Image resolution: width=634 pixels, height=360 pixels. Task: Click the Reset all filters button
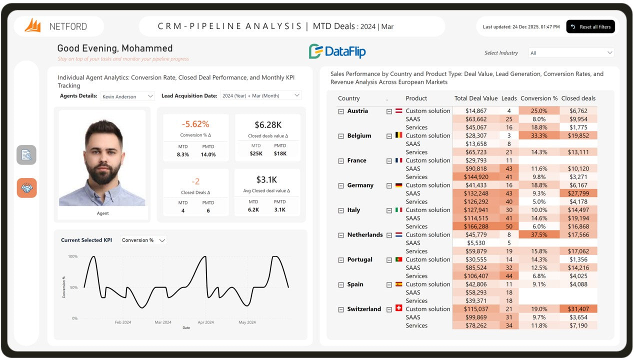click(590, 27)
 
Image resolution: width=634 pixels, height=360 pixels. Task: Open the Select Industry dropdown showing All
click(571, 53)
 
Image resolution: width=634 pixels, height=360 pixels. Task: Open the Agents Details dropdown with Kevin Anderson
click(128, 96)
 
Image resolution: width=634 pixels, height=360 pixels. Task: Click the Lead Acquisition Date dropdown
click(260, 95)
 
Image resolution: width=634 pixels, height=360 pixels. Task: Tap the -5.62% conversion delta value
click(195, 124)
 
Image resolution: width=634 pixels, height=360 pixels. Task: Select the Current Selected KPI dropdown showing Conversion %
click(143, 240)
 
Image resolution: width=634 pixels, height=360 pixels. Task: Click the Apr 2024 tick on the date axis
click(205, 322)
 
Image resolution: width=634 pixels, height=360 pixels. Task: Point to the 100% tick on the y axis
click(72, 256)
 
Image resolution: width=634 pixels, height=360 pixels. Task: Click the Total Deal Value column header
click(476, 98)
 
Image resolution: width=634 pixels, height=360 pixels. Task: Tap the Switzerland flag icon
click(398, 308)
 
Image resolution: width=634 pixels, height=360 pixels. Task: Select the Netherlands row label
click(365, 234)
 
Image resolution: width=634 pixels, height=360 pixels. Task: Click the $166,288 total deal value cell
click(476, 226)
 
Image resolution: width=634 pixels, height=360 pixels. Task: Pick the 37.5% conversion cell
click(538, 234)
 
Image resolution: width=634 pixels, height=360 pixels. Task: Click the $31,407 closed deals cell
click(578, 309)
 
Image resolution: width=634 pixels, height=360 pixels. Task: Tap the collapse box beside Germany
click(341, 185)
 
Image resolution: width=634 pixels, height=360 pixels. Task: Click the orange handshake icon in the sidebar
click(26, 188)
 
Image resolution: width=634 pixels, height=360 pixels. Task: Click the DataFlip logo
click(337, 51)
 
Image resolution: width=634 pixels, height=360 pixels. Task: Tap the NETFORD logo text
click(68, 26)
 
